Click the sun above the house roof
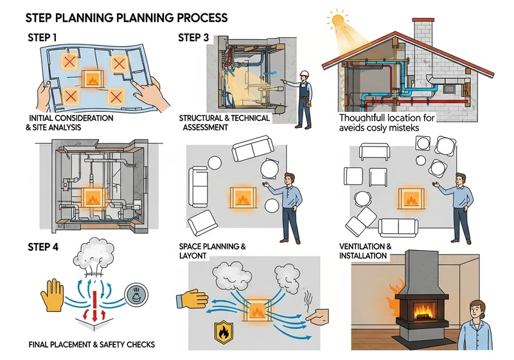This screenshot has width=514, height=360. [337, 21]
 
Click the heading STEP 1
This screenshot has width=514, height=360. [42, 38]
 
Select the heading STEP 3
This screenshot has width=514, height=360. [193, 38]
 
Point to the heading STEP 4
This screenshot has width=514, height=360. [43, 247]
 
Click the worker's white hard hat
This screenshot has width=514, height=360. [305, 73]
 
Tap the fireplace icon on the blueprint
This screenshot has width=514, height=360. [93, 78]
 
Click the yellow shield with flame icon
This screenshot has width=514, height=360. [224, 332]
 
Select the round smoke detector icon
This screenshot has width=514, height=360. [136, 295]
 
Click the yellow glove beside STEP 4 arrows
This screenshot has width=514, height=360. [53, 295]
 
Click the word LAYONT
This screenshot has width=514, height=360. [193, 256]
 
